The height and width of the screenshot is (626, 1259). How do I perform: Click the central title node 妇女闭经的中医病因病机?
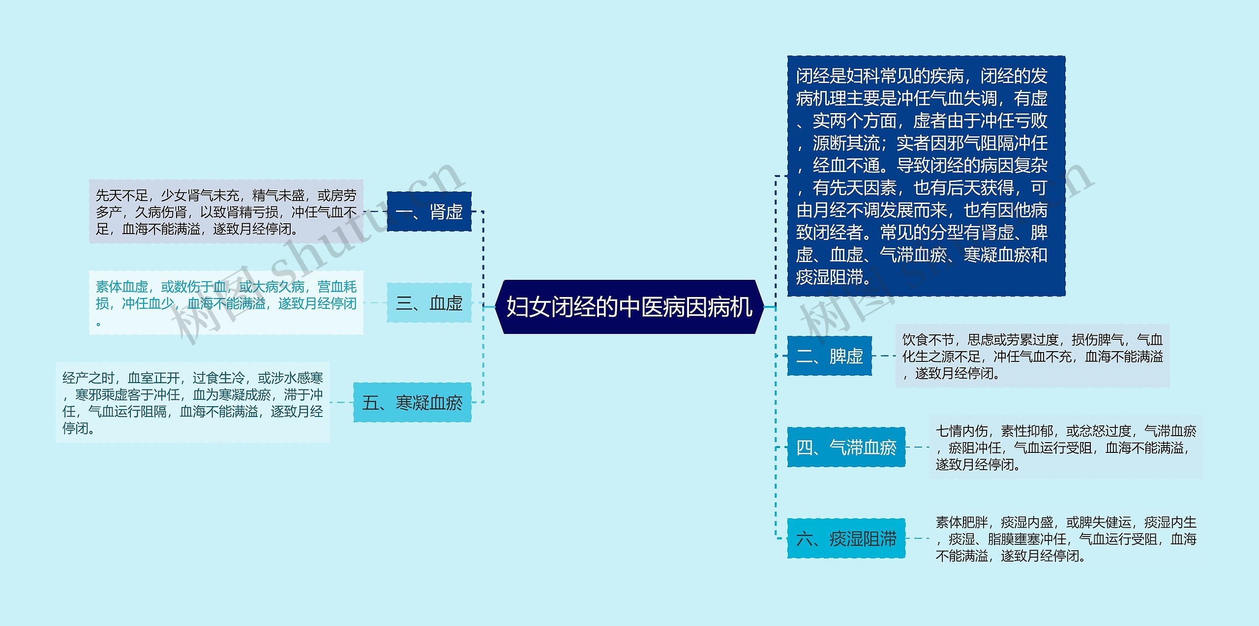click(629, 307)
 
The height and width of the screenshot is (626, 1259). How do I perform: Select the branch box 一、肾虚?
click(429, 211)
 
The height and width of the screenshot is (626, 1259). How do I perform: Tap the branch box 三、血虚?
click(429, 303)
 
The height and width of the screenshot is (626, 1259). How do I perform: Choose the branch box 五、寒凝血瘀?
click(412, 402)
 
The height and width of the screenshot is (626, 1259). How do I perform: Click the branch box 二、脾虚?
click(829, 356)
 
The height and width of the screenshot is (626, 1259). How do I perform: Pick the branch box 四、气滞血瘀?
click(846, 447)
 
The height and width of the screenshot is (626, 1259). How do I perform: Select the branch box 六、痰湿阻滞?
click(846, 538)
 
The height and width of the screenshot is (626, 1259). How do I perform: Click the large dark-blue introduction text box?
click(926, 176)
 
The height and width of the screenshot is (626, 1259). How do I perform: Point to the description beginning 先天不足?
click(226, 211)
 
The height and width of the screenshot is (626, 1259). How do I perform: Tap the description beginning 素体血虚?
click(226, 302)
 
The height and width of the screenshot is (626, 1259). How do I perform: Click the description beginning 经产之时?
click(193, 402)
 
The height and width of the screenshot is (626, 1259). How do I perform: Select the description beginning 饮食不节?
click(1032, 356)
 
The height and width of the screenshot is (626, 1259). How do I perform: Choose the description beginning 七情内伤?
click(1065, 447)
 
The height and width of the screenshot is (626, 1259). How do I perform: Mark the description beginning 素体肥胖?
click(1065, 538)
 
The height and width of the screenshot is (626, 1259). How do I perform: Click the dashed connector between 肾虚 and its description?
click(375, 211)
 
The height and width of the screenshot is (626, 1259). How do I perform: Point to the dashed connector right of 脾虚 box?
click(884, 356)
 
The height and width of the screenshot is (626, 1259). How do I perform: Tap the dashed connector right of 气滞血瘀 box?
click(917, 447)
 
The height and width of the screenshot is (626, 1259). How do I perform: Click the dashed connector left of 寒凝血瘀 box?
click(342, 402)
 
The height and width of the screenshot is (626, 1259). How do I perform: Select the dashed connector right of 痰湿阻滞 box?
click(917, 538)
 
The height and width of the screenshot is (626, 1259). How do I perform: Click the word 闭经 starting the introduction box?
click(813, 76)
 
